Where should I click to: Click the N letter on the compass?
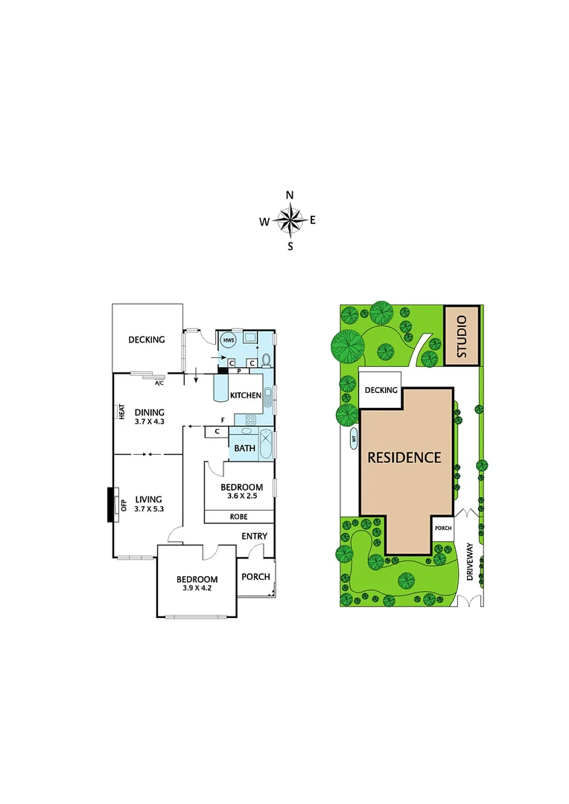(x=290, y=195)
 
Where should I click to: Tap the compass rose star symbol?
(x=290, y=220)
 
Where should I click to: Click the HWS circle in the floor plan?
(x=228, y=340)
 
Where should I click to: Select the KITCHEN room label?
(x=245, y=395)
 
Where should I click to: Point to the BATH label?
(x=245, y=448)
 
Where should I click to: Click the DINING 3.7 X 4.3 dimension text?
(x=149, y=421)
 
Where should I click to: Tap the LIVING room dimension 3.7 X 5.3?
(x=149, y=508)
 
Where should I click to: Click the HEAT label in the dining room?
(x=121, y=412)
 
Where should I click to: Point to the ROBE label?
(x=239, y=516)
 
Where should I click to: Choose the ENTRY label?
(x=254, y=536)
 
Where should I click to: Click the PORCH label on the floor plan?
(x=255, y=577)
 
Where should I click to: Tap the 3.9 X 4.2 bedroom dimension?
(x=197, y=587)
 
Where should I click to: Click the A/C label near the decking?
(x=159, y=384)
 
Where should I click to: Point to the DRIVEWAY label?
(x=470, y=561)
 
